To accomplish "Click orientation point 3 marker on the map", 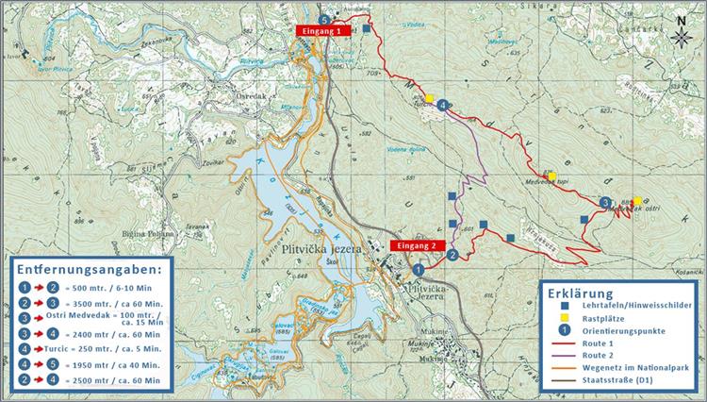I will click(x=604, y=201).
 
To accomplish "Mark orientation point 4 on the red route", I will click(x=442, y=106).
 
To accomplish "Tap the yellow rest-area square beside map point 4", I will click(x=429, y=98).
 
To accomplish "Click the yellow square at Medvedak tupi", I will click(x=552, y=176).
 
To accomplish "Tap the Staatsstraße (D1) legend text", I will click(x=627, y=385).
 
